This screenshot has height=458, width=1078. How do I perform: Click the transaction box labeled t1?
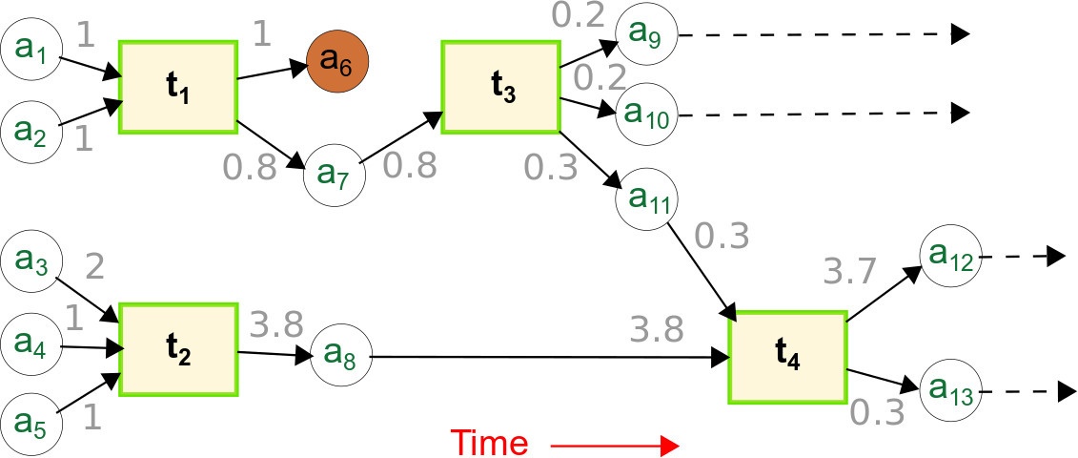[x=177, y=87]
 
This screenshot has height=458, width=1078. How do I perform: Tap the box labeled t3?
[x=501, y=87]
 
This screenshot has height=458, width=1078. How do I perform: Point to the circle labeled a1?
[x=31, y=48]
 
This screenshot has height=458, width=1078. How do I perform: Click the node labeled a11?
[x=645, y=199]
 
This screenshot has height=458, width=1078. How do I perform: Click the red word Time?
[x=488, y=444]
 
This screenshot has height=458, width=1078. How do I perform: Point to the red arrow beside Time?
[x=614, y=446]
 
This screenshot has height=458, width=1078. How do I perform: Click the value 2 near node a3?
[x=94, y=266]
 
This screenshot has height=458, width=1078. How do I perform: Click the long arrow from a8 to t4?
[x=543, y=358]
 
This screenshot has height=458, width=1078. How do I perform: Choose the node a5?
[x=31, y=418]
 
